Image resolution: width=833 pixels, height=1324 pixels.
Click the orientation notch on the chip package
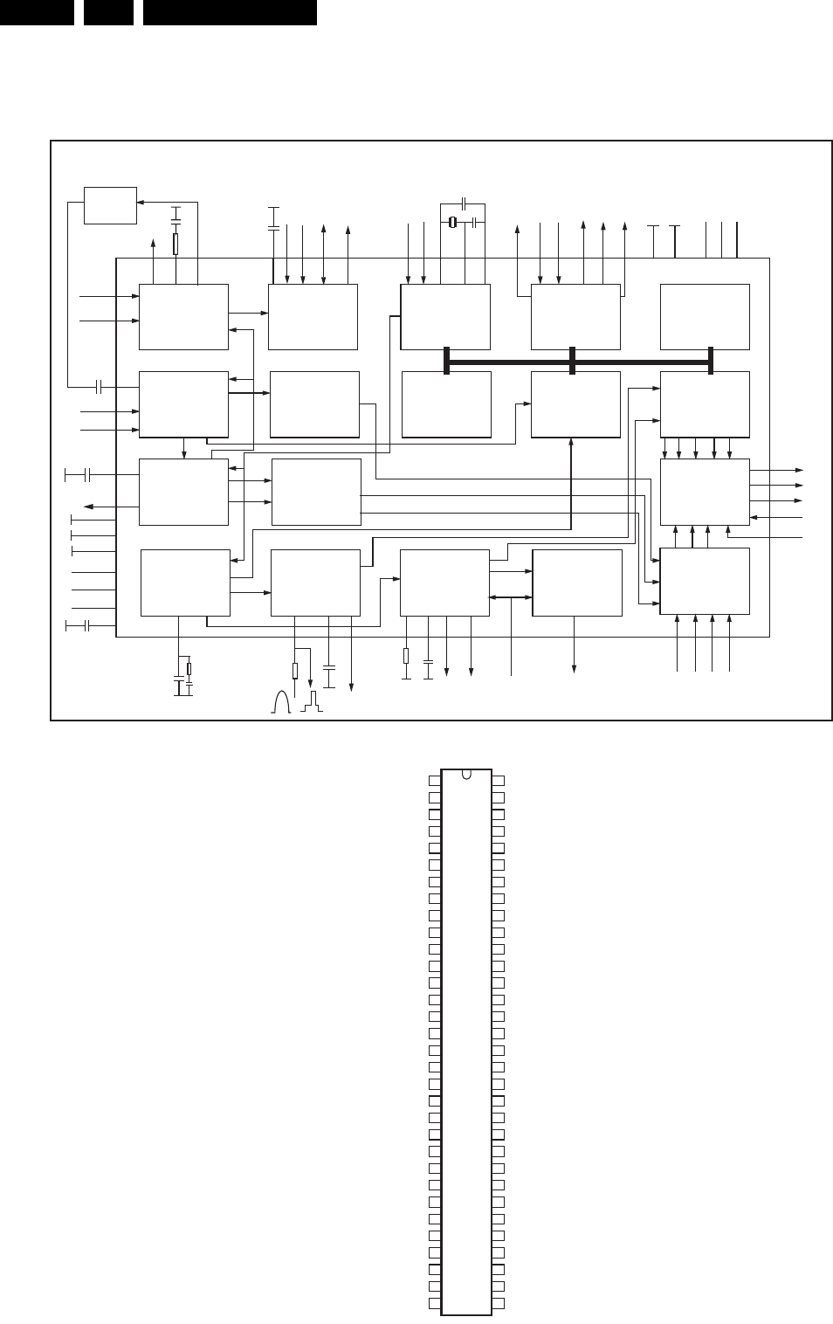click(467, 774)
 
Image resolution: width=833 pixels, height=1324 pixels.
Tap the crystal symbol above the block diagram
click(452, 223)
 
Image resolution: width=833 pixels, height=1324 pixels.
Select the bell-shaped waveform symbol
click(281, 703)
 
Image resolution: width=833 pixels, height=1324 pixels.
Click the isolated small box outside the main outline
click(110, 205)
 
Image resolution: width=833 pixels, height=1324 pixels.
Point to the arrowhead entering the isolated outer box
click(141, 201)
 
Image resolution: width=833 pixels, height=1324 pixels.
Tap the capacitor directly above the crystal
click(465, 202)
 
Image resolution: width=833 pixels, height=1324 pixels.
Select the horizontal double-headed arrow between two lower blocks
click(511, 597)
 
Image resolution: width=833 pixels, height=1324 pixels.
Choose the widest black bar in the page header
click(230, 12)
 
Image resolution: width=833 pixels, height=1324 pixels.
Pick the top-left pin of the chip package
click(435, 779)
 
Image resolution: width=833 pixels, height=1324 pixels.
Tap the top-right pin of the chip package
click(499, 779)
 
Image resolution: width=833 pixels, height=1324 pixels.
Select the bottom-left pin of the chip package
click(435, 1305)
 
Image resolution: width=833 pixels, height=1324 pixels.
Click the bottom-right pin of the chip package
click(499, 1305)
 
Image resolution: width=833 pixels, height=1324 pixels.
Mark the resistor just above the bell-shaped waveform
click(295, 671)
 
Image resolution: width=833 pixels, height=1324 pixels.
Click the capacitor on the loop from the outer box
click(99, 385)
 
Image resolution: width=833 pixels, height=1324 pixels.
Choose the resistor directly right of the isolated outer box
click(176, 243)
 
